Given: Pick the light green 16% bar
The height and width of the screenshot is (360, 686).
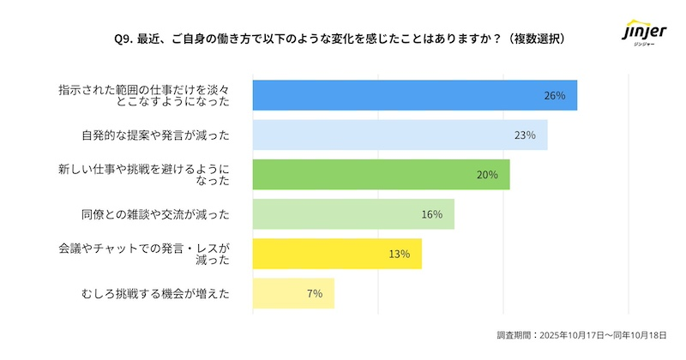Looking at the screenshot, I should click(x=352, y=214).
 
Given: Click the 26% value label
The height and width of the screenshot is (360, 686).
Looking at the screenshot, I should click(x=555, y=95).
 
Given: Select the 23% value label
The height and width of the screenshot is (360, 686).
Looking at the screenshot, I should click(x=525, y=135).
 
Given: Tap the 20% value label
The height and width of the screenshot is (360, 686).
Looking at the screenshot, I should click(x=487, y=175).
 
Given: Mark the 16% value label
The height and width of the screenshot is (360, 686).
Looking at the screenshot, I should click(x=431, y=214).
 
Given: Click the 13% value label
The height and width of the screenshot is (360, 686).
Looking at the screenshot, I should click(x=400, y=254).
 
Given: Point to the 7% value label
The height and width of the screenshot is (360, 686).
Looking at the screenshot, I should click(x=314, y=293).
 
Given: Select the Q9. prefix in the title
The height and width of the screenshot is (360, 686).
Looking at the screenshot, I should click(x=123, y=39).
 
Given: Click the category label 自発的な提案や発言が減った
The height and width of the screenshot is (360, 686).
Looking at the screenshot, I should click(x=155, y=135).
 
